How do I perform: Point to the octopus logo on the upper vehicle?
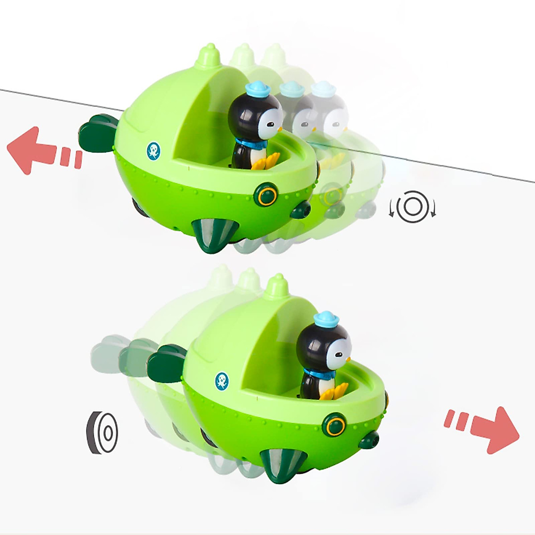(153, 151)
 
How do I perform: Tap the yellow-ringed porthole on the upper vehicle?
(267, 195)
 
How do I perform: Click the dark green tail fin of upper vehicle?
(97, 132)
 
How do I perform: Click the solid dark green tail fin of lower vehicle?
(166, 360)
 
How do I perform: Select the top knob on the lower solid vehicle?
(277, 286)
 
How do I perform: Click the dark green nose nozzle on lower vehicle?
(370, 440)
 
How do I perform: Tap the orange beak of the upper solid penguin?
(280, 129)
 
